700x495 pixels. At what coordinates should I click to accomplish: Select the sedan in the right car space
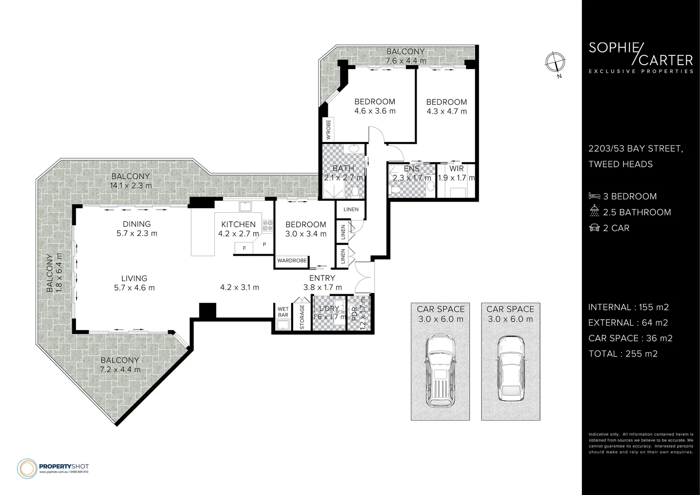tap(510, 369)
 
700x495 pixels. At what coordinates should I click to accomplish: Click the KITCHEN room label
tap(238, 224)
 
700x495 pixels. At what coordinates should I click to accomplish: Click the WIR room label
tap(456, 169)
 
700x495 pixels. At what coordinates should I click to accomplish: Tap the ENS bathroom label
tap(412, 169)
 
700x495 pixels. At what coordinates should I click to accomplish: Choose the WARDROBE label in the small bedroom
tap(292, 260)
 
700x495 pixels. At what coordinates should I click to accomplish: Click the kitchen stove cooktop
tap(267, 225)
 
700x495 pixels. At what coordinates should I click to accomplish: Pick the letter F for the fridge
tap(244, 248)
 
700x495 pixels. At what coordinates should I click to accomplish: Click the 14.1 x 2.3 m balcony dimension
tap(131, 186)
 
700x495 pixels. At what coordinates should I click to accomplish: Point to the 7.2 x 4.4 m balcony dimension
tap(120, 369)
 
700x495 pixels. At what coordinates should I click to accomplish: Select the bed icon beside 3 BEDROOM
tap(594, 196)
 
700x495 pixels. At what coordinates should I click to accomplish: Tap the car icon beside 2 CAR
tap(594, 227)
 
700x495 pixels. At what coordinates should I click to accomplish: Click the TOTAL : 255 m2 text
tap(623, 353)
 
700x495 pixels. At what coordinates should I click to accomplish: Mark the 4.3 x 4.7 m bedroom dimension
tap(446, 111)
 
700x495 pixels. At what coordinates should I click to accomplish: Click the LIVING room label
tap(134, 278)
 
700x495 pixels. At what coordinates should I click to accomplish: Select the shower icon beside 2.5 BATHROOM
tap(594, 212)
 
